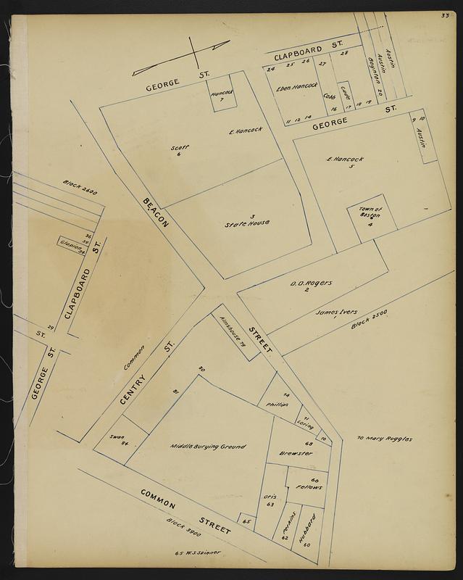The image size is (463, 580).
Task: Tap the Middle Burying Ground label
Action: [208, 447]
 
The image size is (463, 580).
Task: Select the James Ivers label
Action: [336, 313]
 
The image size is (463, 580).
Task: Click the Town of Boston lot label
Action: [370, 216]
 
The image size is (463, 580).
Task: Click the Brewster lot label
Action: [295, 453]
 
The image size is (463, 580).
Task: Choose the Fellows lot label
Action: [308, 486]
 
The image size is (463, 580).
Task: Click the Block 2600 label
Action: [80, 189]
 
